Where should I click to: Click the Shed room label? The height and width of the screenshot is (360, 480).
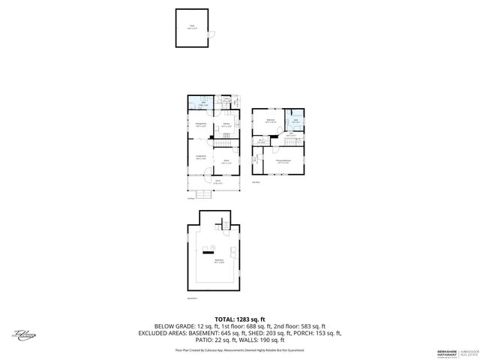pyautogui.click(x=192, y=26)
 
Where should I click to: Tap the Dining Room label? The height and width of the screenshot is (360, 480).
pyautogui.click(x=200, y=126)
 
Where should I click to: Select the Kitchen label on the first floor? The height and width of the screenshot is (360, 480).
pyautogui.click(x=225, y=125)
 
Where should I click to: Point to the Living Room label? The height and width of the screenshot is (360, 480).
pyautogui.click(x=200, y=158)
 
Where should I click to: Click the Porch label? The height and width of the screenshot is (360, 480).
pyautogui.click(x=217, y=181)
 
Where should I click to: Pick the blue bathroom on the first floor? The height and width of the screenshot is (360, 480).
pyautogui.click(x=202, y=105)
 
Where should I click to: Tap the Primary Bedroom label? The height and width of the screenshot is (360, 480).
pyautogui.click(x=283, y=161)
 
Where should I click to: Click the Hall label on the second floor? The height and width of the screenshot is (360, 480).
pyautogui.click(x=289, y=136)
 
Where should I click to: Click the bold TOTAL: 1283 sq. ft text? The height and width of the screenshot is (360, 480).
pyautogui.click(x=239, y=319)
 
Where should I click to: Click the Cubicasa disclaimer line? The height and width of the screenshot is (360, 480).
pyautogui.click(x=239, y=349)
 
